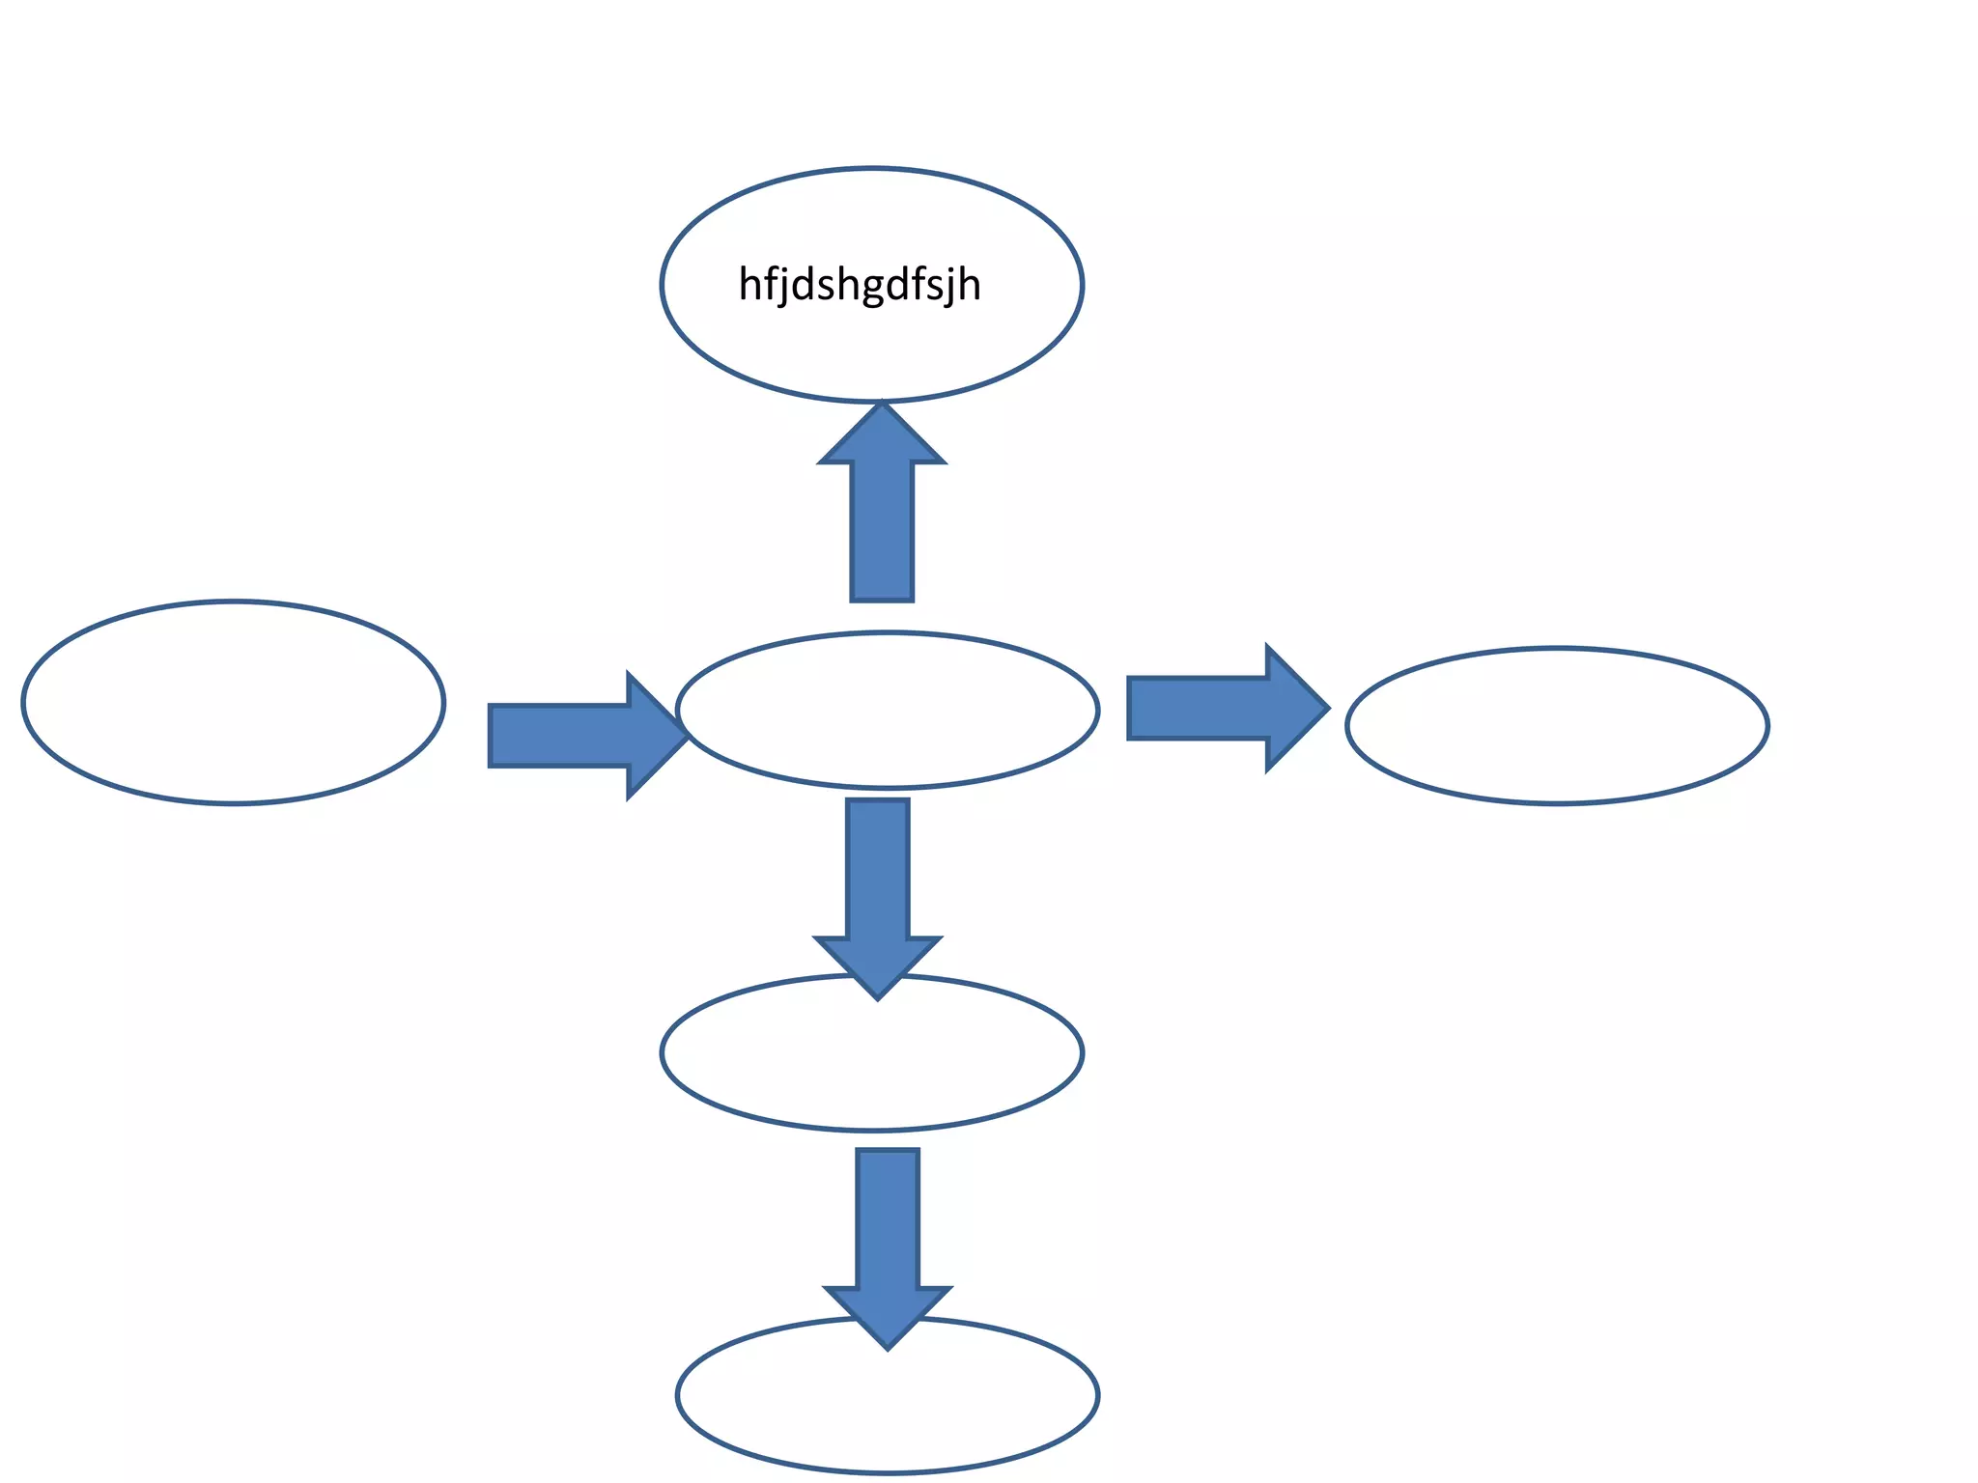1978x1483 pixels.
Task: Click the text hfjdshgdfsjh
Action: [x=860, y=286]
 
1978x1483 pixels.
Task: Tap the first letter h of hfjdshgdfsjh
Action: [x=749, y=285]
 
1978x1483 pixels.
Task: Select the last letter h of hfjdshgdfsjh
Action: [x=970, y=285]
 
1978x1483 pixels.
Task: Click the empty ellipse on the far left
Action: [x=234, y=702]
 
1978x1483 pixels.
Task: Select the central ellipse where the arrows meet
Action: [x=888, y=711]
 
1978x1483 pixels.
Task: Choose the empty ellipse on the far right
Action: [x=1557, y=725]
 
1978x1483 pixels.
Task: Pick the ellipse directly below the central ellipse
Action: [x=872, y=1062]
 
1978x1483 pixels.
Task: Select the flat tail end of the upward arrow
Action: [x=882, y=599]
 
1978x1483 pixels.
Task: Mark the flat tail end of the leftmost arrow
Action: [x=493, y=736]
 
